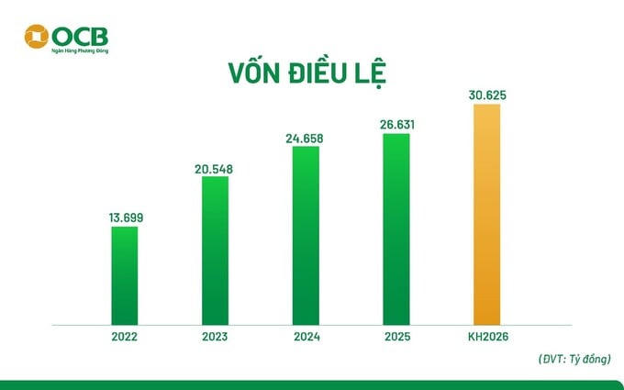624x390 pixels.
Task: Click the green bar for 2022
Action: pyautogui.click(x=125, y=275)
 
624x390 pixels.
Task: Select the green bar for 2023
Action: pyautogui.click(x=215, y=250)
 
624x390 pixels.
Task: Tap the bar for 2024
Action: pyautogui.click(x=306, y=235)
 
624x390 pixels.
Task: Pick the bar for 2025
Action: pyautogui.click(x=396, y=228)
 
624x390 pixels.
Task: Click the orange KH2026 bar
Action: pyautogui.click(x=486, y=214)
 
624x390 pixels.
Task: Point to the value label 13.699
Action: pyautogui.click(x=125, y=217)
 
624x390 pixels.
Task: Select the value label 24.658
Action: pyautogui.click(x=306, y=138)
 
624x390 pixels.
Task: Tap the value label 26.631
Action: pyautogui.click(x=396, y=125)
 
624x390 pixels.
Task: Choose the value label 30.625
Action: pyautogui.click(x=486, y=94)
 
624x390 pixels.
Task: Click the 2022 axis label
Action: pyautogui.click(x=125, y=336)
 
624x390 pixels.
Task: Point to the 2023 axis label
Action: pyautogui.click(x=215, y=336)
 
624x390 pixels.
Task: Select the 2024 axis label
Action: pyautogui.click(x=306, y=336)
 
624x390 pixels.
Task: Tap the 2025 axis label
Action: pyautogui.click(x=396, y=336)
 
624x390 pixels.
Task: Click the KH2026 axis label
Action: pyautogui.click(x=486, y=336)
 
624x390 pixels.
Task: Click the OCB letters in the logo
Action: pyautogui.click(x=79, y=35)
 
